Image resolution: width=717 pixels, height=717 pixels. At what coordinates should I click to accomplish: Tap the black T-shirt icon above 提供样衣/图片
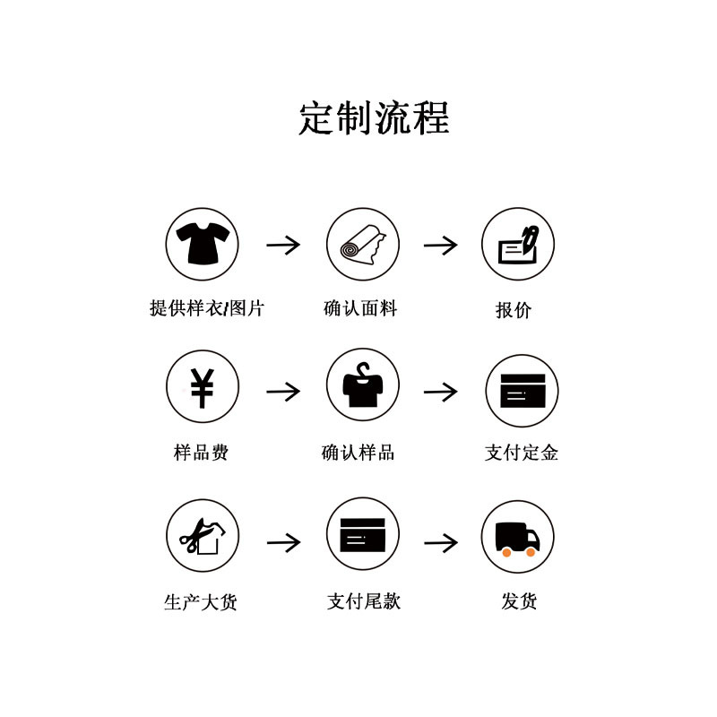203,244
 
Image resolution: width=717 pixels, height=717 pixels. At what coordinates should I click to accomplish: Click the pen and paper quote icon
518,244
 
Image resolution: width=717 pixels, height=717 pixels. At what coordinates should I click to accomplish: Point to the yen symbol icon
203,387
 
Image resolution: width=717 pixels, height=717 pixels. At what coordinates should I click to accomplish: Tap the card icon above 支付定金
522,391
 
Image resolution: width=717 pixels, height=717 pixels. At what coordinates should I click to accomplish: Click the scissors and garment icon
203,536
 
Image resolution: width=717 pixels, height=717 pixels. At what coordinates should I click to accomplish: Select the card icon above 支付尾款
362,535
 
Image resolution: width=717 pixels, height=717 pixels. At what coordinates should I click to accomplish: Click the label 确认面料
360,309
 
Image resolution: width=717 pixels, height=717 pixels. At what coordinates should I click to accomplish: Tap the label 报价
514,310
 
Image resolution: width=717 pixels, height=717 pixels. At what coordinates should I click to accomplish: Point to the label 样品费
201,453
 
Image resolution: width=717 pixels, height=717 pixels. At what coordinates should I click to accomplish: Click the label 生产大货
201,602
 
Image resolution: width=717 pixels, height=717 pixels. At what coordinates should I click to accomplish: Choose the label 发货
519,601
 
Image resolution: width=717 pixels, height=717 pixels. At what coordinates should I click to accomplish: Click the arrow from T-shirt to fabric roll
283,244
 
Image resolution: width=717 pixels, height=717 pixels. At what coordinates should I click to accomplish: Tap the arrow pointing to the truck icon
441,542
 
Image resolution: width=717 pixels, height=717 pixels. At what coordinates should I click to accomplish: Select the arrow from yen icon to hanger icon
283,392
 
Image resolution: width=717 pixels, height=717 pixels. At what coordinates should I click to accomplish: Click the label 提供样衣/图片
207,309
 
